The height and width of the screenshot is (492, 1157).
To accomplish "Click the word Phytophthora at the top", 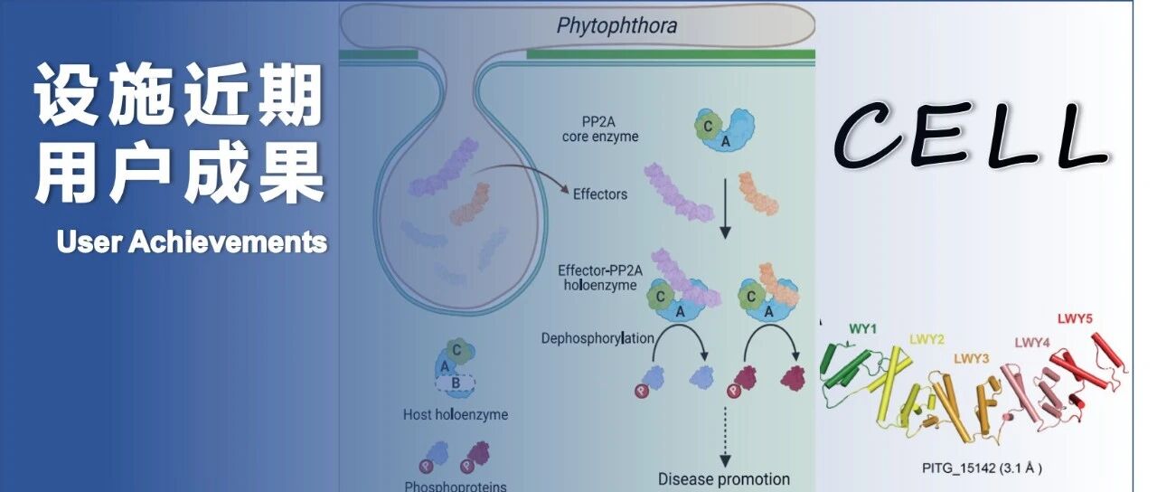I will point(616,25).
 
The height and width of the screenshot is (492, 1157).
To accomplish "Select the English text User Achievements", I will point(191,242).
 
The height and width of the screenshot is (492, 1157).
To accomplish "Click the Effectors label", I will point(600,194).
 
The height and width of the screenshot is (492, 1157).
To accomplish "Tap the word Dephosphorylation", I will point(598,338).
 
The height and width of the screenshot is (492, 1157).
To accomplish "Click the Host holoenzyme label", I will point(456,415).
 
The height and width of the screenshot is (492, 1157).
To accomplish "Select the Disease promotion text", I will point(723,478).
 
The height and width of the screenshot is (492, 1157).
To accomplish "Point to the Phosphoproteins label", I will point(455,486).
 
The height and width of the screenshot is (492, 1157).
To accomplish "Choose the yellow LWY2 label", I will point(927,339).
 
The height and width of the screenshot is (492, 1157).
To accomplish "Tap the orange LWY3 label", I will point(972,358).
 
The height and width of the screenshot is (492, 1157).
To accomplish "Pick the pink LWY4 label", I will point(1031,342).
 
